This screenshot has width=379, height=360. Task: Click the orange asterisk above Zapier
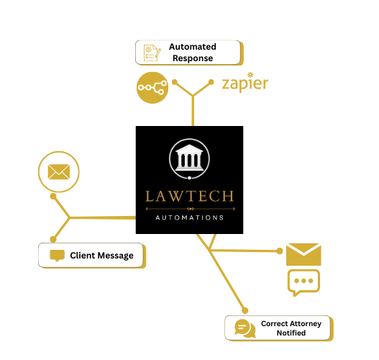click(x=250, y=73)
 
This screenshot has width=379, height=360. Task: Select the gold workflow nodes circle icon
click(x=152, y=88)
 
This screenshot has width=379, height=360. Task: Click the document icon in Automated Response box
click(x=152, y=53)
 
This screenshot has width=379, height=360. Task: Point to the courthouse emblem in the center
click(x=189, y=159)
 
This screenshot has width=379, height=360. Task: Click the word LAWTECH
click(x=190, y=196)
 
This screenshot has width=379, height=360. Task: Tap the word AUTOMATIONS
click(x=190, y=217)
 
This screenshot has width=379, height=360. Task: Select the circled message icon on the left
click(x=58, y=171)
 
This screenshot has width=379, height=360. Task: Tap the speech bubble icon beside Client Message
click(x=57, y=256)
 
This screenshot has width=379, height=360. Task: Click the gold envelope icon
click(x=303, y=254)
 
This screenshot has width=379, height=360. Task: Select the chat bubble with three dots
click(x=303, y=282)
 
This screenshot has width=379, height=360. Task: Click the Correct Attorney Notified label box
click(x=278, y=328)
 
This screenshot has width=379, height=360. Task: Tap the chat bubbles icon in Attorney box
click(x=244, y=328)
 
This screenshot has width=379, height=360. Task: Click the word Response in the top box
click(x=192, y=58)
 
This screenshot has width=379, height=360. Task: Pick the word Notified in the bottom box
click(x=291, y=333)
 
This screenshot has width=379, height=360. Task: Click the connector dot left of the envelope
click(x=280, y=251)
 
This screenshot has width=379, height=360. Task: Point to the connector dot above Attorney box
click(x=245, y=309)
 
